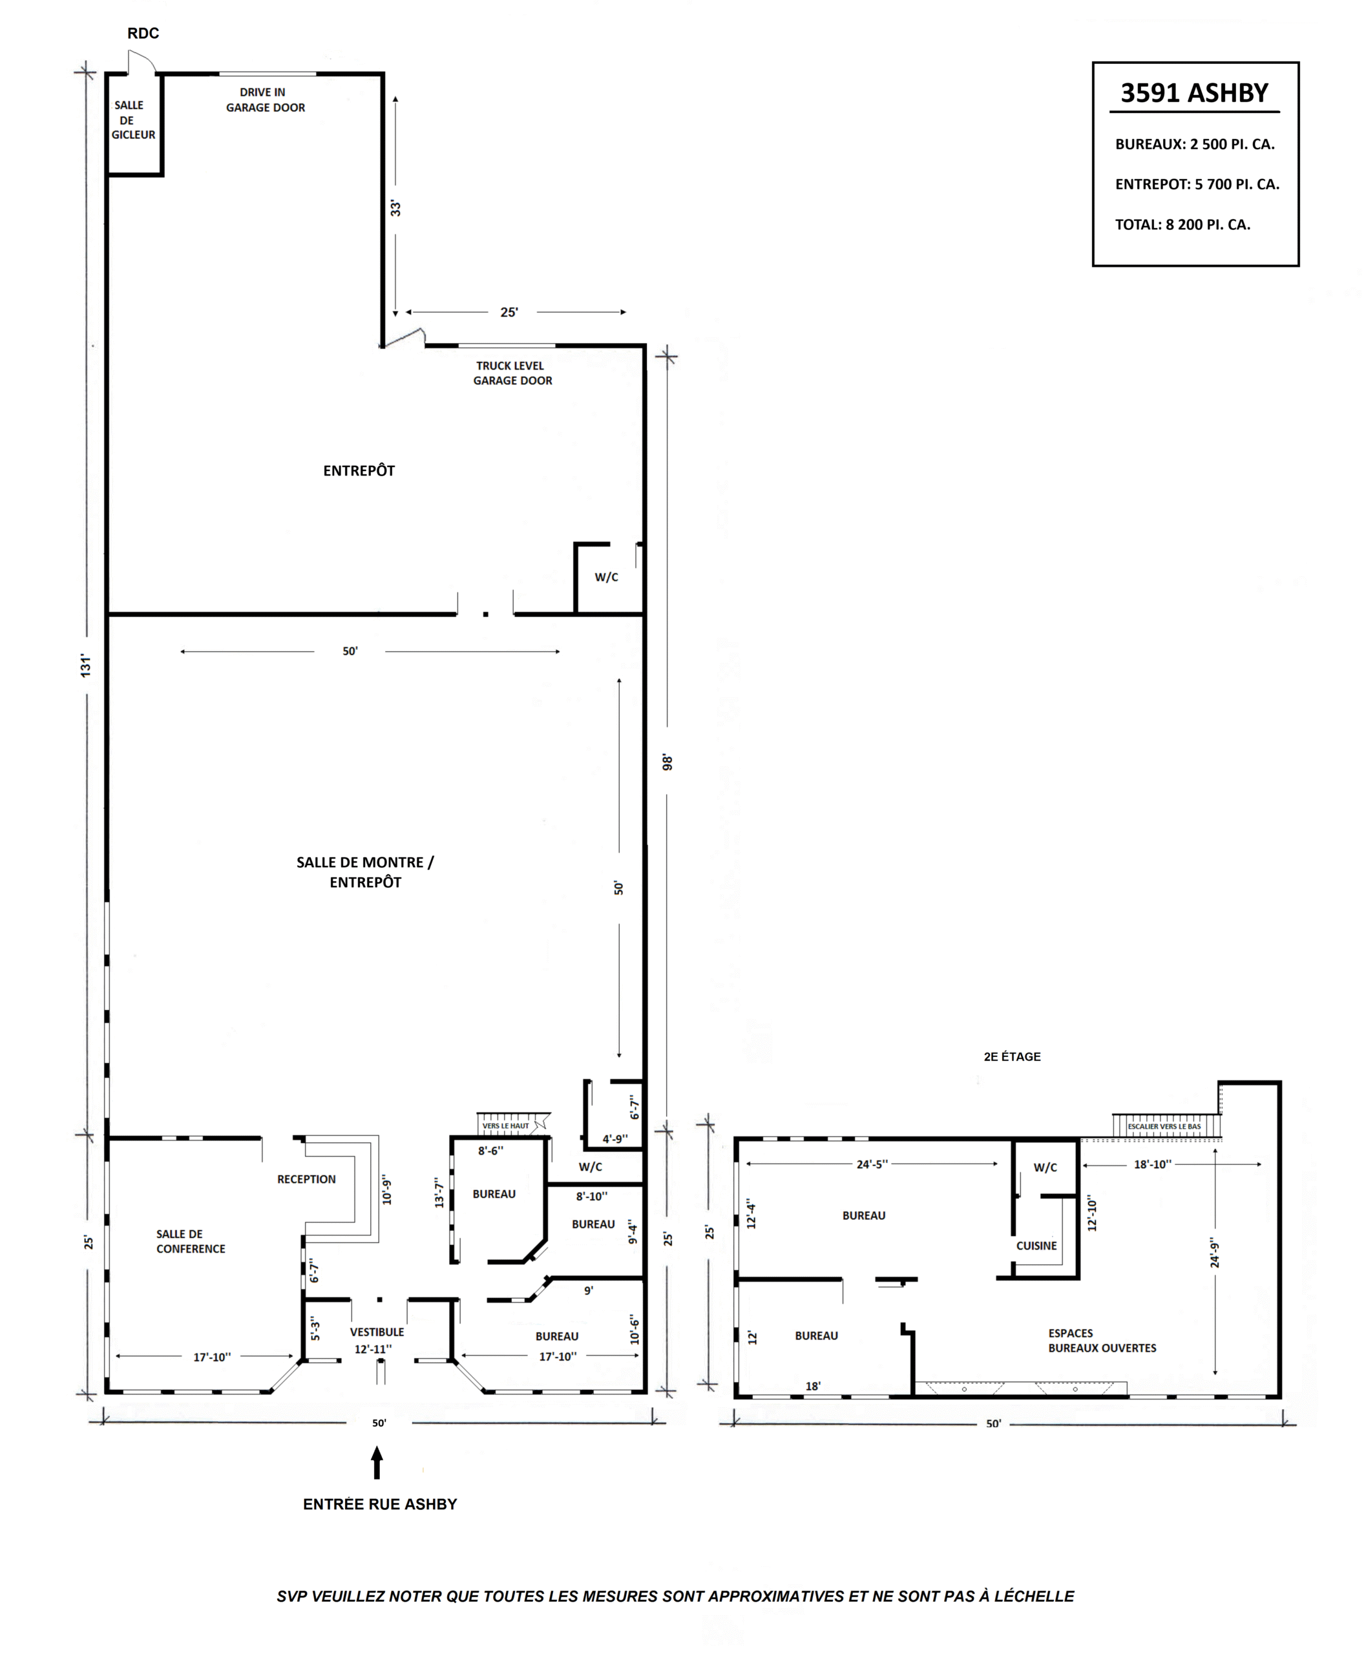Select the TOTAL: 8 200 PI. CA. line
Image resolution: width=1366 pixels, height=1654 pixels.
coord(1182,224)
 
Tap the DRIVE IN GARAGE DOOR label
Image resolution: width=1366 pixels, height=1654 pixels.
coord(265,100)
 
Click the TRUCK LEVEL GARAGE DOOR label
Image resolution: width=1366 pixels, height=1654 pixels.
coord(512,373)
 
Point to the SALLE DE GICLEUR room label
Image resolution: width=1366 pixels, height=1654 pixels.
coord(132,120)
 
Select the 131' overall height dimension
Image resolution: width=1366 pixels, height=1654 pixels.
coord(86,665)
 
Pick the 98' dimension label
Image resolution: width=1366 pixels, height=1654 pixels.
coord(667,762)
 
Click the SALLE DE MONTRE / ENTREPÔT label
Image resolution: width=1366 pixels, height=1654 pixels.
coord(365,872)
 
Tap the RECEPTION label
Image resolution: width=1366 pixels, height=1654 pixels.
coord(306,1178)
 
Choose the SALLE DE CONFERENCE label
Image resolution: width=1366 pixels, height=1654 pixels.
coord(191,1241)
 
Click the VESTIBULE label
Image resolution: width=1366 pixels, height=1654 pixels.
coord(377,1332)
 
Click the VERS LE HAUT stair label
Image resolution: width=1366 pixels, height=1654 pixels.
coord(506,1126)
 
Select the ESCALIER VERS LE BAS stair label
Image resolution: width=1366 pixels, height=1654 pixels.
coord(1164,1126)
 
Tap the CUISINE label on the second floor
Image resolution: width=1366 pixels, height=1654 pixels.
coord(1036,1246)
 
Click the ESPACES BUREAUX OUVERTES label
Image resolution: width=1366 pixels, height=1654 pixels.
coord(1102,1340)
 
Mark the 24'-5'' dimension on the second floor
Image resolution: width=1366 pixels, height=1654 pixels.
coord(872,1164)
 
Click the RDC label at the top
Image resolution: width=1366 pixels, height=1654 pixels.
coord(143,33)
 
